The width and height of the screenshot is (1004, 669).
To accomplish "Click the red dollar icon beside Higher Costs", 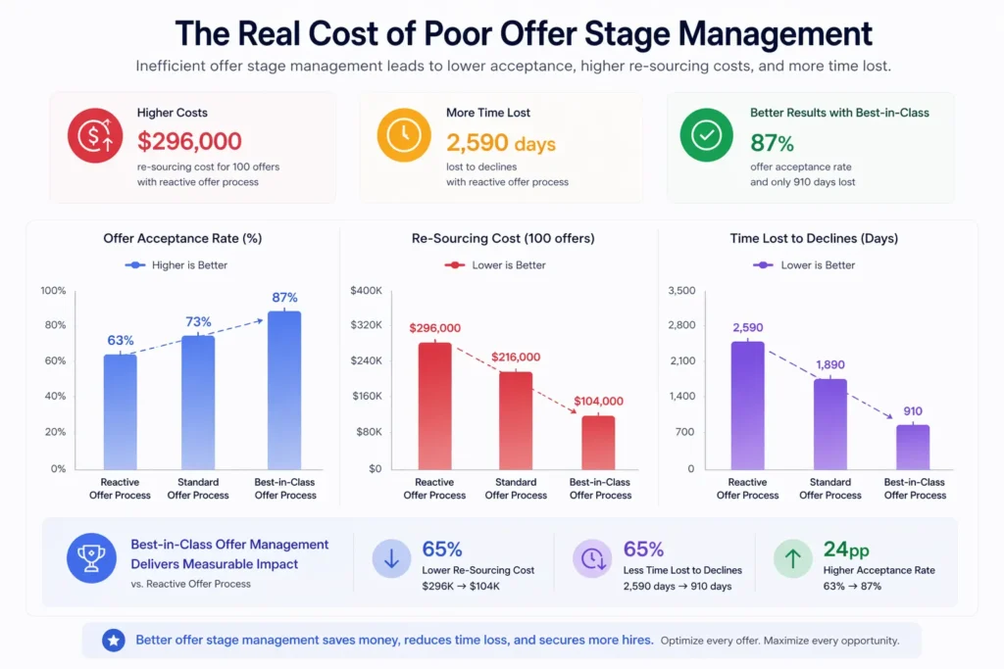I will click(x=95, y=136).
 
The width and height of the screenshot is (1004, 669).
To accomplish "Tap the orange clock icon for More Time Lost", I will click(x=404, y=136).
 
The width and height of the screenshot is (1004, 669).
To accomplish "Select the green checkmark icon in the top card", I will click(x=707, y=136).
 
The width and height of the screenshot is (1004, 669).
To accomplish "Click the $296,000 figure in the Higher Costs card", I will click(x=189, y=142).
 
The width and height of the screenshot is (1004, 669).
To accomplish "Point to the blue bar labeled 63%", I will click(x=121, y=411).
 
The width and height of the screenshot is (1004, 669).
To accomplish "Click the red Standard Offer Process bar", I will click(x=516, y=420).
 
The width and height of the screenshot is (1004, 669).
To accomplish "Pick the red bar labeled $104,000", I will click(x=598, y=443).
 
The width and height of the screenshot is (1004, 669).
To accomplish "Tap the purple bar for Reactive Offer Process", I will click(x=747, y=405).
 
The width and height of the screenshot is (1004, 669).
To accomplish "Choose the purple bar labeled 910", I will click(x=913, y=447).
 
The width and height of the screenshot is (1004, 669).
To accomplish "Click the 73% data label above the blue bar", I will click(x=199, y=322).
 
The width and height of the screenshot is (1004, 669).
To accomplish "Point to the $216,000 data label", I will click(x=516, y=358).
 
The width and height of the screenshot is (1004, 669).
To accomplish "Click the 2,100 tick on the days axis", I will click(x=680, y=361).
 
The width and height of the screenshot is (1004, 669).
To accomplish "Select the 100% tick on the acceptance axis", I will click(x=53, y=291).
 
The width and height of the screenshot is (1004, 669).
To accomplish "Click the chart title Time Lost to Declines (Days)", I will click(x=814, y=238).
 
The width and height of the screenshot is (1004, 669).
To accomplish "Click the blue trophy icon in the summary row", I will click(x=91, y=558).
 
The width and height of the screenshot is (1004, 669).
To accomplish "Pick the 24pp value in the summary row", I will click(x=841, y=550).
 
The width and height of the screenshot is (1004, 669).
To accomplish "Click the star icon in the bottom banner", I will click(x=114, y=641).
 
